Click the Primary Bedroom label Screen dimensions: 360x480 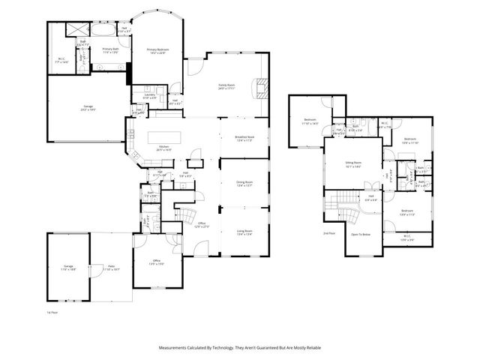[x=156, y=51]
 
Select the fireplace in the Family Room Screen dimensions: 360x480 [x=260, y=88]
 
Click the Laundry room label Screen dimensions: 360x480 [x=150, y=96]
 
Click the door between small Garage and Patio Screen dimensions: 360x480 [x=91, y=268]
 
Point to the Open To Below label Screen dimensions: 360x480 [x=361, y=235]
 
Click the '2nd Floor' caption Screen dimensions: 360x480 [x=328, y=234]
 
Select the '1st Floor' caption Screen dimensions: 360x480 [x=51, y=310]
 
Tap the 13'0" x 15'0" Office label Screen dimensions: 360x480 [x=156, y=262]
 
